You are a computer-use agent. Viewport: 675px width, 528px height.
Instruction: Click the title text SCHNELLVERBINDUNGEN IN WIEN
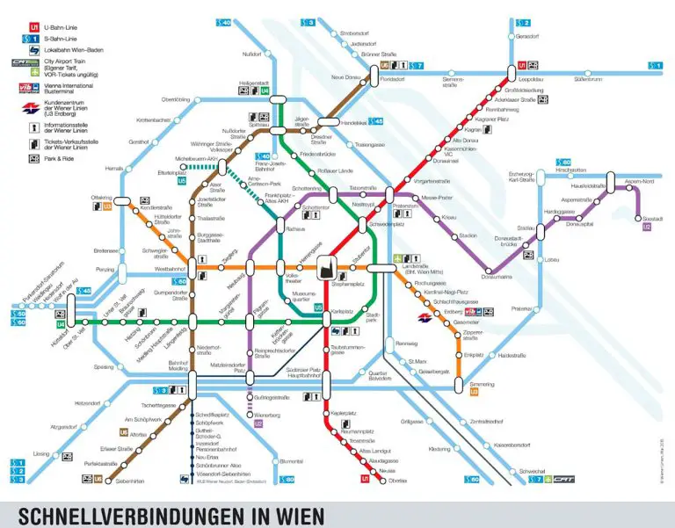click(x=171, y=514)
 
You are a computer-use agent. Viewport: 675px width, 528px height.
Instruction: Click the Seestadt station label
click(x=652, y=217)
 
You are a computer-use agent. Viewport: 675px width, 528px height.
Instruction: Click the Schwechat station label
click(x=533, y=471)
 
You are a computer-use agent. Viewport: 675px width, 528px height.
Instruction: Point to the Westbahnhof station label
click(x=169, y=269)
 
